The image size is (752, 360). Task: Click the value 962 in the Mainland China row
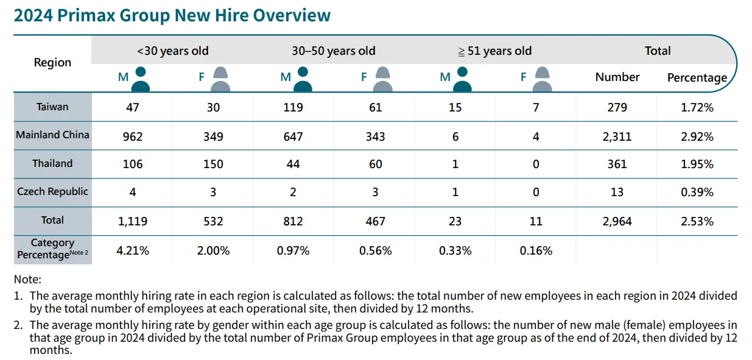(133, 136)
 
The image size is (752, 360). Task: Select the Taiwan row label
(52, 107)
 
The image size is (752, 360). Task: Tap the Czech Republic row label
(52, 191)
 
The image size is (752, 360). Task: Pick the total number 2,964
(617, 221)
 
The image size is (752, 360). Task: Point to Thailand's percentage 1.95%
(697, 164)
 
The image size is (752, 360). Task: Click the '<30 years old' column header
(173, 51)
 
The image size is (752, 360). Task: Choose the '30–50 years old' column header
(334, 51)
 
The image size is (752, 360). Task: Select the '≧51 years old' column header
(494, 51)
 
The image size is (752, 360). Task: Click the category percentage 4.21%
(133, 250)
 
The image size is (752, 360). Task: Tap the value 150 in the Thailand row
(213, 164)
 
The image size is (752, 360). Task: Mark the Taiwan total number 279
(617, 108)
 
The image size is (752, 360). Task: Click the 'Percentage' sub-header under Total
(697, 78)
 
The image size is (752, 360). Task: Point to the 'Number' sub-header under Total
(617, 77)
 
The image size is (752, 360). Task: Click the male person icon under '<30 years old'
(141, 79)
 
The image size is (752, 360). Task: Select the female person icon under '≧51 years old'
(543, 79)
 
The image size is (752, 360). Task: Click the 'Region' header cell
(52, 63)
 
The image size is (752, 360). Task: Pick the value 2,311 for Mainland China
(617, 136)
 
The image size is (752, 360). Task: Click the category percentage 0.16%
(536, 250)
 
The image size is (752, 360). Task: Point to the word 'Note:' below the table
(27, 280)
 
